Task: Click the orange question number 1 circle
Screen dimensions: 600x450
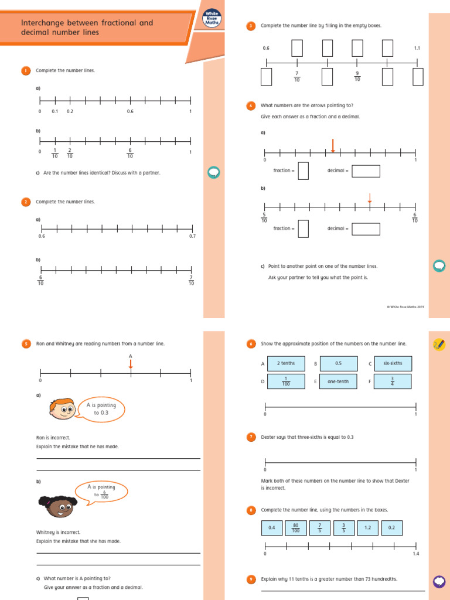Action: [x=26, y=71]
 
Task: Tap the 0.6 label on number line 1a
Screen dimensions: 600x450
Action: [x=130, y=111]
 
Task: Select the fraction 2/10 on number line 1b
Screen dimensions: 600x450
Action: [x=70, y=152]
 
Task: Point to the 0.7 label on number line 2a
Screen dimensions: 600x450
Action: [x=192, y=236]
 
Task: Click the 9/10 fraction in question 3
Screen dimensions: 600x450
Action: [x=357, y=76]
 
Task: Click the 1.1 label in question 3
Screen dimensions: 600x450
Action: [x=417, y=48]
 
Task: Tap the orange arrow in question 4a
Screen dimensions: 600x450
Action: [x=333, y=145]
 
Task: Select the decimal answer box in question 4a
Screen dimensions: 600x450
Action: [x=366, y=171]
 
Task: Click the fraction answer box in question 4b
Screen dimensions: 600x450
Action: [x=303, y=229]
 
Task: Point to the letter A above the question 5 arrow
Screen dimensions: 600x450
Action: [x=130, y=356]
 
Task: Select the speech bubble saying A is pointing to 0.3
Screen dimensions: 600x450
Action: [x=102, y=408]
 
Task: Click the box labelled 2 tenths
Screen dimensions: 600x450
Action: [x=286, y=363]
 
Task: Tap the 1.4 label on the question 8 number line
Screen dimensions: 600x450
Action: [x=416, y=554]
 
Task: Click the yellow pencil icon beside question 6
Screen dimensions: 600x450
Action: [x=438, y=345]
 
